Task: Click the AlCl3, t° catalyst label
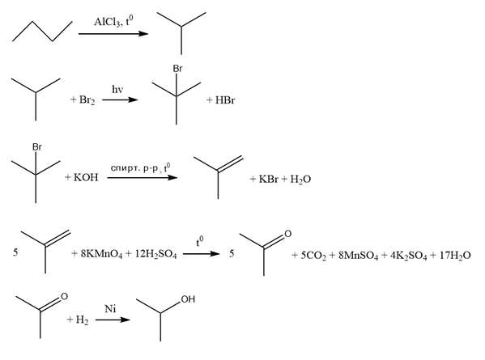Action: click(x=113, y=22)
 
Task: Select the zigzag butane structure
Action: click(x=42, y=32)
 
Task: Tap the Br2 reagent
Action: click(x=87, y=100)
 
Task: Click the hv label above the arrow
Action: click(x=117, y=89)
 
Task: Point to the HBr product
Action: click(x=225, y=100)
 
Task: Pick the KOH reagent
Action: click(x=86, y=177)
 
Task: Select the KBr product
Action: click(x=269, y=180)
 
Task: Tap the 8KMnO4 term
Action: click(x=101, y=254)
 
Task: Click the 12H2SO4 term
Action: click(x=156, y=254)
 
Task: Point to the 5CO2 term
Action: click(x=313, y=256)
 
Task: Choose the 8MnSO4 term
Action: click(x=358, y=256)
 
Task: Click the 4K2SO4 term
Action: click(x=408, y=256)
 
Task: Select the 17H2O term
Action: click(x=455, y=256)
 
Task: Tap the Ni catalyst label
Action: click(x=110, y=309)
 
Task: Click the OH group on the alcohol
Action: click(x=188, y=299)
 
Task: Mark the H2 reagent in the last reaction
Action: click(x=82, y=320)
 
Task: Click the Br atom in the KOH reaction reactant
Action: click(x=37, y=147)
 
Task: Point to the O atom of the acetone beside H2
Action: click(x=64, y=296)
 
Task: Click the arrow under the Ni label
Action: click(x=113, y=320)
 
